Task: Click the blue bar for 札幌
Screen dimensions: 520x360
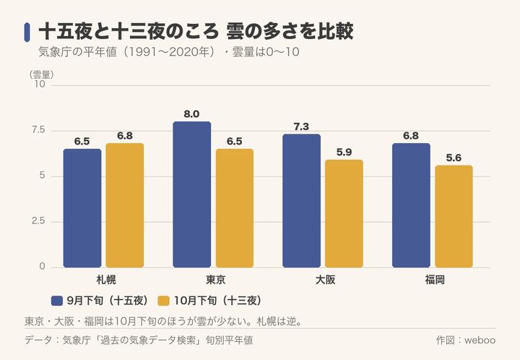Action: pos(82,208)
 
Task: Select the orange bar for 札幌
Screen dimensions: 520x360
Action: pos(125,205)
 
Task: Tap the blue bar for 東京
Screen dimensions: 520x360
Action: pos(191,194)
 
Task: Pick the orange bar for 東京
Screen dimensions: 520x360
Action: pos(235,208)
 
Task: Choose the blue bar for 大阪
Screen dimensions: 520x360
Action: pos(301,201)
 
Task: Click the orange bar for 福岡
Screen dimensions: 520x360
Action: pos(454,216)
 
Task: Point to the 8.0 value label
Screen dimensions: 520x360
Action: pos(191,114)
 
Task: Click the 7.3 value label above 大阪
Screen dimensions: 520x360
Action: pos(301,127)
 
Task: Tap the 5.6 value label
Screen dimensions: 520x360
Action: pos(454,158)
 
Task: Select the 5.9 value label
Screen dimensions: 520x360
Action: pos(344,153)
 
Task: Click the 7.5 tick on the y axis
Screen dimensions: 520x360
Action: pos(38,130)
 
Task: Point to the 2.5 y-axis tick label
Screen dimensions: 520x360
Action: pos(38,221)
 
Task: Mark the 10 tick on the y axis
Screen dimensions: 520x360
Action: pos(40,84)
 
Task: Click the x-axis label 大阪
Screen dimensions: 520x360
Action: pos(325,280)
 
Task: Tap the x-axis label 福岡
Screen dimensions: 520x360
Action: pos(435,280)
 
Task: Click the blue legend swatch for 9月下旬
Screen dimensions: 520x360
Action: pos(57,301)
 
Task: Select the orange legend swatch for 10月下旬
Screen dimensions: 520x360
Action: pos(163,301)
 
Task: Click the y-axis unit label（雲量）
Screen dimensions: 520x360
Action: pos(41,74)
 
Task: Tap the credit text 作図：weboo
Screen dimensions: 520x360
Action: pos(466,340)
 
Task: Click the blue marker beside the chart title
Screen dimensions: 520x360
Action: pos(27,33)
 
